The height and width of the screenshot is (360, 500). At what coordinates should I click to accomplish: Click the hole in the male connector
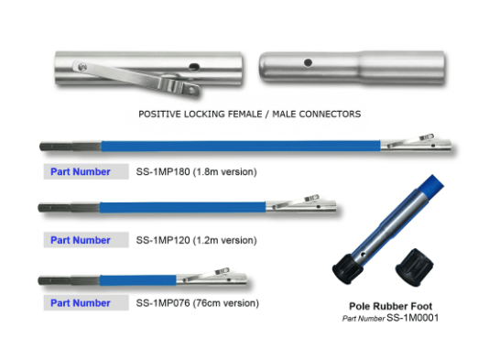pyautogui.click(x=308, y=62)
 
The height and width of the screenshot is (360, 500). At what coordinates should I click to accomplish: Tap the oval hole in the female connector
pyautogui.click(x=194, y=67)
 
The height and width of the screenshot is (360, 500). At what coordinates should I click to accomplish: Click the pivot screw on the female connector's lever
pyautogui.click(x=82, y=67)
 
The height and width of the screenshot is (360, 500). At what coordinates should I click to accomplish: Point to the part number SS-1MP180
pyautogui.click(x=163, y=172)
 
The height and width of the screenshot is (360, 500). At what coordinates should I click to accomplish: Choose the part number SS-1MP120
pyautogui.click(x=163, y=240)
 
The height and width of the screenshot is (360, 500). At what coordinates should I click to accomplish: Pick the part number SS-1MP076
pyautogui.click(x=163, y=303)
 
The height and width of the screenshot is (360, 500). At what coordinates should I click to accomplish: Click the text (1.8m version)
pyautogui.click(x=225, y=172)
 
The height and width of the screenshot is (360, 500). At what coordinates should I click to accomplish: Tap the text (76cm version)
pyautogui.click(x=226, y=303)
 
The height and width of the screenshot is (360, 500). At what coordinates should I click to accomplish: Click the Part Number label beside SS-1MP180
pyautogui.click(x=81, y=172)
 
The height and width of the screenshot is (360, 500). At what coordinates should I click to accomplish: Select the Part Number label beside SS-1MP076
pyautogui.click(x=81, y=303)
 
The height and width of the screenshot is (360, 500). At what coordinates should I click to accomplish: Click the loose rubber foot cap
pyautogui.click(x=414, y=267)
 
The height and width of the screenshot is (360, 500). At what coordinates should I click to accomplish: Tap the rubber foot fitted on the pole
pyautogui.click(x=347, y=268)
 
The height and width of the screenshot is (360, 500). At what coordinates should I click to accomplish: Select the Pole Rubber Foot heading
pyautogui.click(x=391, y=306)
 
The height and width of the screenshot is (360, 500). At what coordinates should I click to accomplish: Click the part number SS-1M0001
pyautogui.click(x=412, y=318)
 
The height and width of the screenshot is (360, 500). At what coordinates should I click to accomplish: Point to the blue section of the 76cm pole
pyautogui.click(x=137, y=280)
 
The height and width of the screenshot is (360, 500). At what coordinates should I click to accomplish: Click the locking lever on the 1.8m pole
pyautogui.click(x=411, y=140)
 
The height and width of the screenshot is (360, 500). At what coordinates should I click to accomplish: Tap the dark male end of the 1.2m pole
pyautogui.click(x=69, y=208)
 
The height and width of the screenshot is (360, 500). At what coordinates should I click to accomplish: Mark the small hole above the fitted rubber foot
pyautogui.click(x=364, y=255)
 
